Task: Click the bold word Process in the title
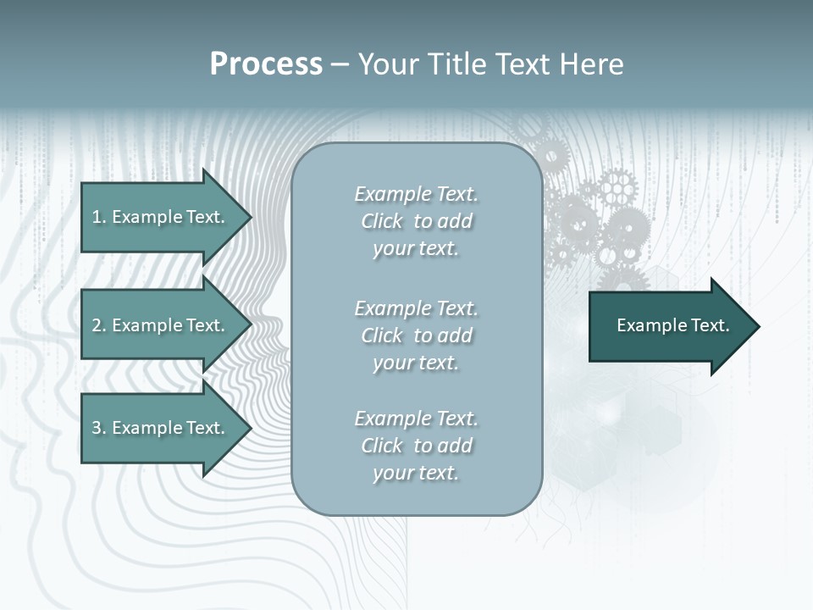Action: click(x=266, y=64)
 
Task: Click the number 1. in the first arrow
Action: click(x=98, y=217)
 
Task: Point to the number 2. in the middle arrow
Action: click(x=98, y=325)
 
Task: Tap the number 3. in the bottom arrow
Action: click(x=98, y=428)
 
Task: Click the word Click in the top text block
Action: click(x=382, y=221)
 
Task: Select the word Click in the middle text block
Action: click(x=382, y=335)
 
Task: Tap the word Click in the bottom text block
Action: click(x=382, y=446)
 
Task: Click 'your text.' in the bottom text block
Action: click(x=416, y=473)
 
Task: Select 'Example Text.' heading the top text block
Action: click(x=416, y=194)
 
